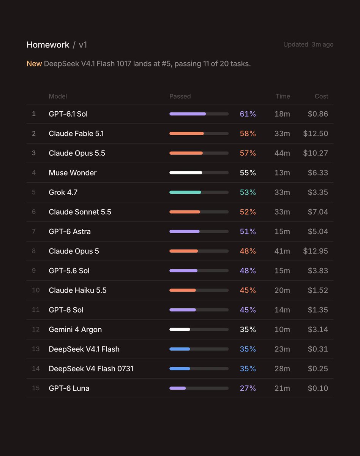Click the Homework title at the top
(48, 45)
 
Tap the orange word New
(34, 63)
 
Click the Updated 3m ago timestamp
(308, 44)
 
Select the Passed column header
(180, 96)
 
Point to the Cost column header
(321, 96)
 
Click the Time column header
(283, 96)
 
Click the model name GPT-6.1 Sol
(68, 114)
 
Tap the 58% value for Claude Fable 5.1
(248, 133)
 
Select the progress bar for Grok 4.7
(199, 192)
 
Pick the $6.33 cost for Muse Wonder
(318, 173)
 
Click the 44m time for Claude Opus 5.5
(282, 153)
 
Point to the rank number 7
(34, 231)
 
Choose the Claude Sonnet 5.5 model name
(80, 212)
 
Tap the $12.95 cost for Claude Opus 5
(315, 251)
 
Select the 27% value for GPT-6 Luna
(248, 388)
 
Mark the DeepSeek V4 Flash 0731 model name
(91, 369)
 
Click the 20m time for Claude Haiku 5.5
(282, 290)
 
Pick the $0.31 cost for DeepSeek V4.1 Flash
(318, 349)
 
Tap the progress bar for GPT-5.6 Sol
(199, 271)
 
